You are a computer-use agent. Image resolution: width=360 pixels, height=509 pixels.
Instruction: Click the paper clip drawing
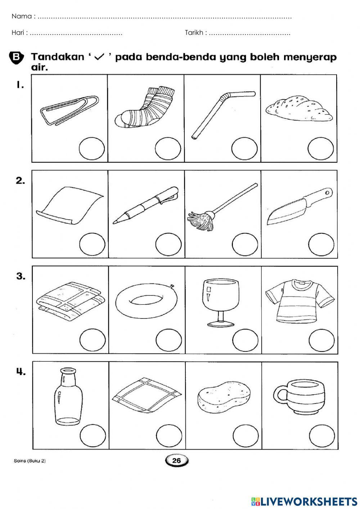coord(69,111)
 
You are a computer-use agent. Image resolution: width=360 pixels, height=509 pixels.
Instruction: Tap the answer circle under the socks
coord(168,149)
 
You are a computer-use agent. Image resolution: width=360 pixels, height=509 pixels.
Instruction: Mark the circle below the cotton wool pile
coord(321,149)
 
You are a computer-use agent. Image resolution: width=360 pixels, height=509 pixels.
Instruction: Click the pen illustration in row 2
coord(146,205)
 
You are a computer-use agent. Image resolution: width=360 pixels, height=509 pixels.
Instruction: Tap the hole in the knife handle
coord(327,193)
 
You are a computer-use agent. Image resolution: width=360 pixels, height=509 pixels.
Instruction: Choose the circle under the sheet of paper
coord(92,245)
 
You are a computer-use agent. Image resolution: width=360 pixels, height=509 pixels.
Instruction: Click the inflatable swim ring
coord(146,300)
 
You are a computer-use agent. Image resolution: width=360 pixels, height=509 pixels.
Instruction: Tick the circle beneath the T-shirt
coord(321,340)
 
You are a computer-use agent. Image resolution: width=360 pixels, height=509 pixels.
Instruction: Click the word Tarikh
coord(194,33)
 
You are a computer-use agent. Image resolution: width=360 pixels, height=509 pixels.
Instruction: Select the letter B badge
coord(16,57)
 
